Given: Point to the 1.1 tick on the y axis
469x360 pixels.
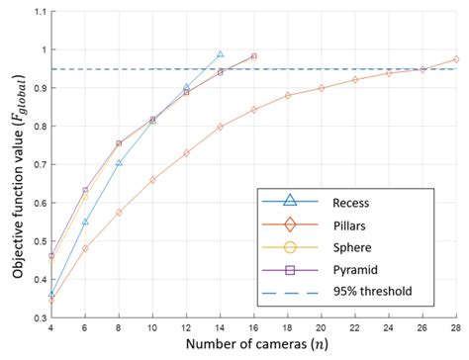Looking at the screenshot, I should [38, 11].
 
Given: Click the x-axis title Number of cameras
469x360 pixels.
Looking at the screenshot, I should [253, 346].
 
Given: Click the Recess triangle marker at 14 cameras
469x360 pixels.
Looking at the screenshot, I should [220, 55].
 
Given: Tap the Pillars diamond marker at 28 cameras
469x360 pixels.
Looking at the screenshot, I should [456, 59].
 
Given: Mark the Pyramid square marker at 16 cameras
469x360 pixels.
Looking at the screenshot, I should [253, 56].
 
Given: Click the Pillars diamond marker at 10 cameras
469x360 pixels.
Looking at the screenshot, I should [152, 180].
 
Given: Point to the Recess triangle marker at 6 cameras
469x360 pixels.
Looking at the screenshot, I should [85, 222].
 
